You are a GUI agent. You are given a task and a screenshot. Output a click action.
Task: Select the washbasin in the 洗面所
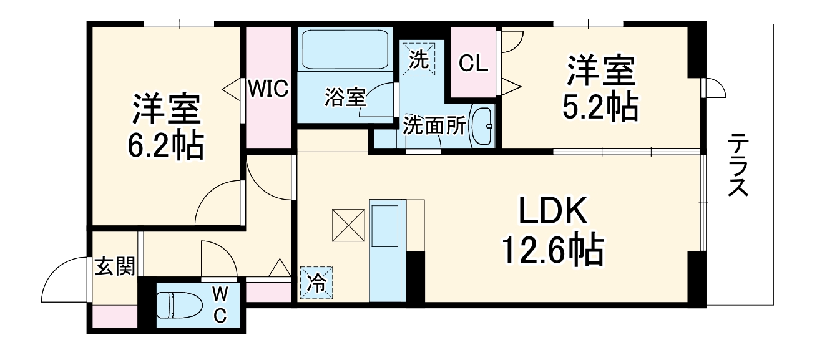click(482, 126)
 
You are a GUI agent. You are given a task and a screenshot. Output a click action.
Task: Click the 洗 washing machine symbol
click(419, 59)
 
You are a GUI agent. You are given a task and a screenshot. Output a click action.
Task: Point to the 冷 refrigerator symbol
click(316, 283)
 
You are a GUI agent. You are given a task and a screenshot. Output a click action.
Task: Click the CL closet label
click(474, 63)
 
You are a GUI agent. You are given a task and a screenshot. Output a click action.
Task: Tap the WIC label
click(268, 89)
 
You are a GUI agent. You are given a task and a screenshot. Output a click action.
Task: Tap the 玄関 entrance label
click(115, 267)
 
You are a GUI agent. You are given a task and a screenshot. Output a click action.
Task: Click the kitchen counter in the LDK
click(388, 250)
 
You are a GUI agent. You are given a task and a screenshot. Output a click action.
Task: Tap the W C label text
click(220, 305)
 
